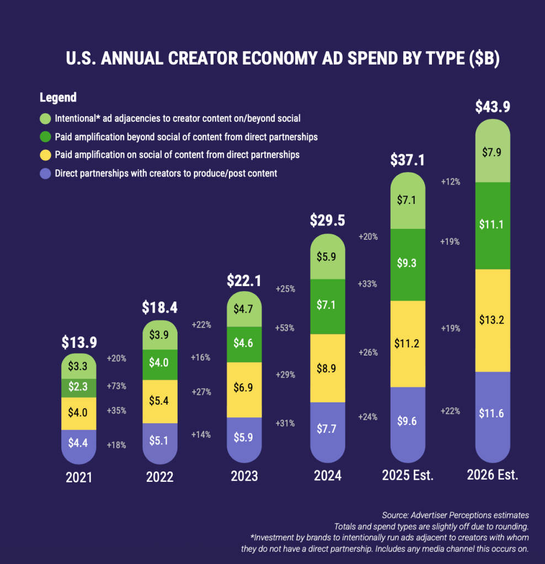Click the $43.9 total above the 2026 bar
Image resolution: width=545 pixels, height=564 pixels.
click(x=493, y=107)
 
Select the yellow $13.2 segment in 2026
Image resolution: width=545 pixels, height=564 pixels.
click(x=493, y=320)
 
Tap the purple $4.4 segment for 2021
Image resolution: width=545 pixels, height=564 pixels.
click(x=79, y=442)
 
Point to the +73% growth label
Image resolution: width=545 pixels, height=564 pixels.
click(x=116, y=386)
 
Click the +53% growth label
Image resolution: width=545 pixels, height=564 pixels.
click(x=285, y=328)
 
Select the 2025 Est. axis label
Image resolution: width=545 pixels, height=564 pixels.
click(x=408, y=475)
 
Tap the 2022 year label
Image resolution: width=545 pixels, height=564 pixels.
click(x=160, y=477)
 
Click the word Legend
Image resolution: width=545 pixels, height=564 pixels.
click(x=58, y=98)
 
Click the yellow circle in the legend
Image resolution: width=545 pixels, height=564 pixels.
click(x=46, y=155)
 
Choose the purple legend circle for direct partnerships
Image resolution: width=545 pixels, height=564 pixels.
click(x=46, y=174)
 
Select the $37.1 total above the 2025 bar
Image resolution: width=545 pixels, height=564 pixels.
click(x=408, y=160)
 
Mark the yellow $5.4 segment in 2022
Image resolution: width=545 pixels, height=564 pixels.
click(x=160, y=401)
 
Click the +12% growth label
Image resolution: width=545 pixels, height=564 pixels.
click(x=451, y=181)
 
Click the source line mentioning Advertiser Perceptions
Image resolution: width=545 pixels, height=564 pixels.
click(x=455, y=515)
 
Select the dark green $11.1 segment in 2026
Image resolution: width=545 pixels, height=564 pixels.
click(x=493, y=225)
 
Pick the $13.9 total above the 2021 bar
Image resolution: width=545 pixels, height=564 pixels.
click(x=79, y=342)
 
